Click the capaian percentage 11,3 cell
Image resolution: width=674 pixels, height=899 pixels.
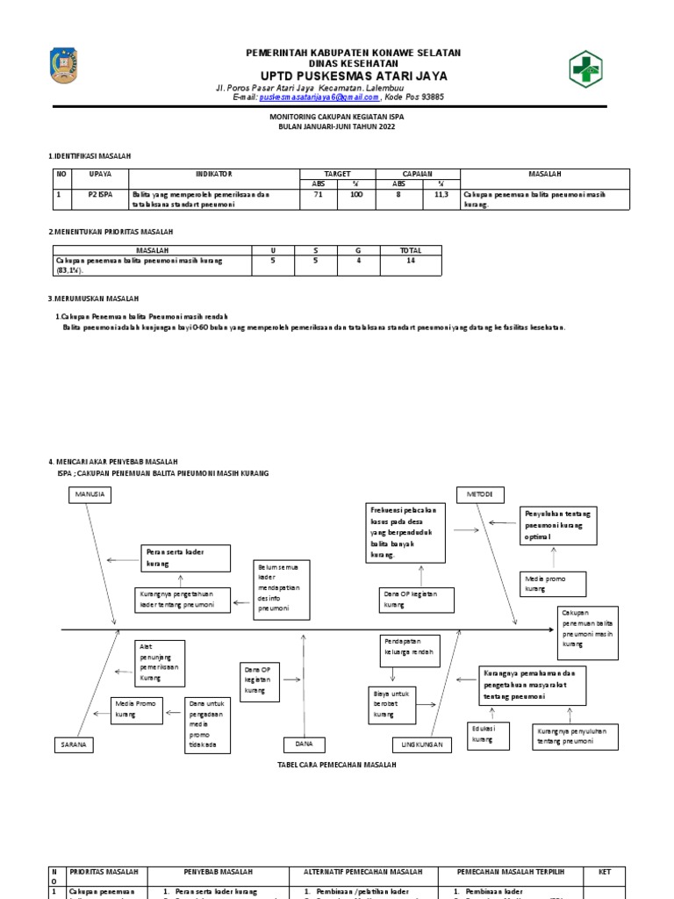click(x=441, y=195)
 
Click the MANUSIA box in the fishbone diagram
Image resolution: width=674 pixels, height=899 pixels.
click(x=90, y=495)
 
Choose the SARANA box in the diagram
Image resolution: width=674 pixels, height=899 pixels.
click(x=73, y=744)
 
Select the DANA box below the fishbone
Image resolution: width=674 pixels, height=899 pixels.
click(x=305, y=744)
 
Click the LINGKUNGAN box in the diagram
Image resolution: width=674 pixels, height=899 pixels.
click(x=421, y=744)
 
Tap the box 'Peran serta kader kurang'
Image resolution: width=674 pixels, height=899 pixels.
click(x=184, y=557)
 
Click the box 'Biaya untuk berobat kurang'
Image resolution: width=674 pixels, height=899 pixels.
click(x=390, y=704)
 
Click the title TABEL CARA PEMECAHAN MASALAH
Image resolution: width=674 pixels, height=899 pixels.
click(x=337, y=766)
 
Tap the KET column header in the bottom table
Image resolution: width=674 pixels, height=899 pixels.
click(x=604, y=872)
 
